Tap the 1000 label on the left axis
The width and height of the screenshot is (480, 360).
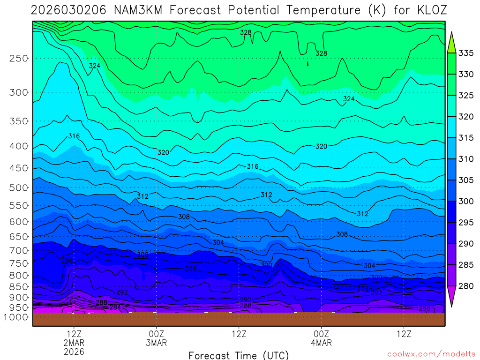coord(16,317)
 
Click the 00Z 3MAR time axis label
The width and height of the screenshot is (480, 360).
coord(156,338)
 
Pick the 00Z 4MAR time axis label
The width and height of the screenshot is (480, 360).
coord(321,338)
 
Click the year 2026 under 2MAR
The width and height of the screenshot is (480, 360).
coord(74,351)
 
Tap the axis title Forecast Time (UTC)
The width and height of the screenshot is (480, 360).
coord(239,355)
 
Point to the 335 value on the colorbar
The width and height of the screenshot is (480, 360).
coord(466,53)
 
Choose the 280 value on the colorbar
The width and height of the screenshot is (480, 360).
coord(466,285)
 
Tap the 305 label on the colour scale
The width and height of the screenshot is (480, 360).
coord(466,180)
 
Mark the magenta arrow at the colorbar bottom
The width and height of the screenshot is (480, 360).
coord(452,298)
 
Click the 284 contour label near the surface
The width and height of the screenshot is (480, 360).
coord(115,307)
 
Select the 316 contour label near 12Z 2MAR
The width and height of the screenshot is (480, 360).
coord(74,136)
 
